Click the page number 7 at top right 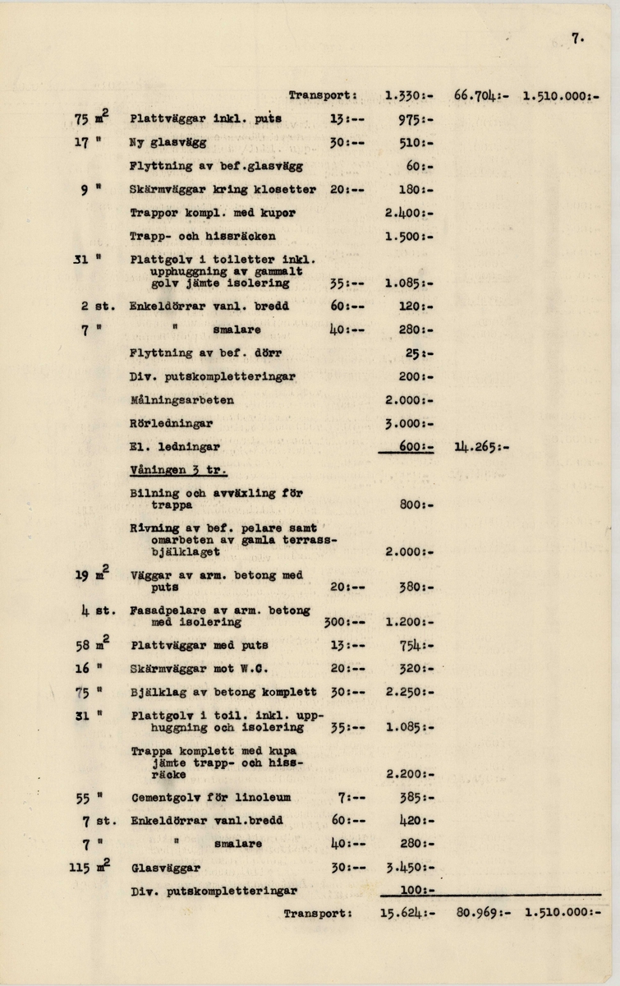coord(578,35)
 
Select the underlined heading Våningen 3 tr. coord(178,471)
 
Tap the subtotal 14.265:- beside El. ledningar coord(480,448)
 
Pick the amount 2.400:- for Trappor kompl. coord(408,213)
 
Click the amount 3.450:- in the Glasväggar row coord(408,866)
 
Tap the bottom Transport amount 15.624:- coord(408,912)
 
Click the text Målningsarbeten coord(181,400)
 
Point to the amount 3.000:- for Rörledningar coord(408,424)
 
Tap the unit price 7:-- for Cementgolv coord(350,797)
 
